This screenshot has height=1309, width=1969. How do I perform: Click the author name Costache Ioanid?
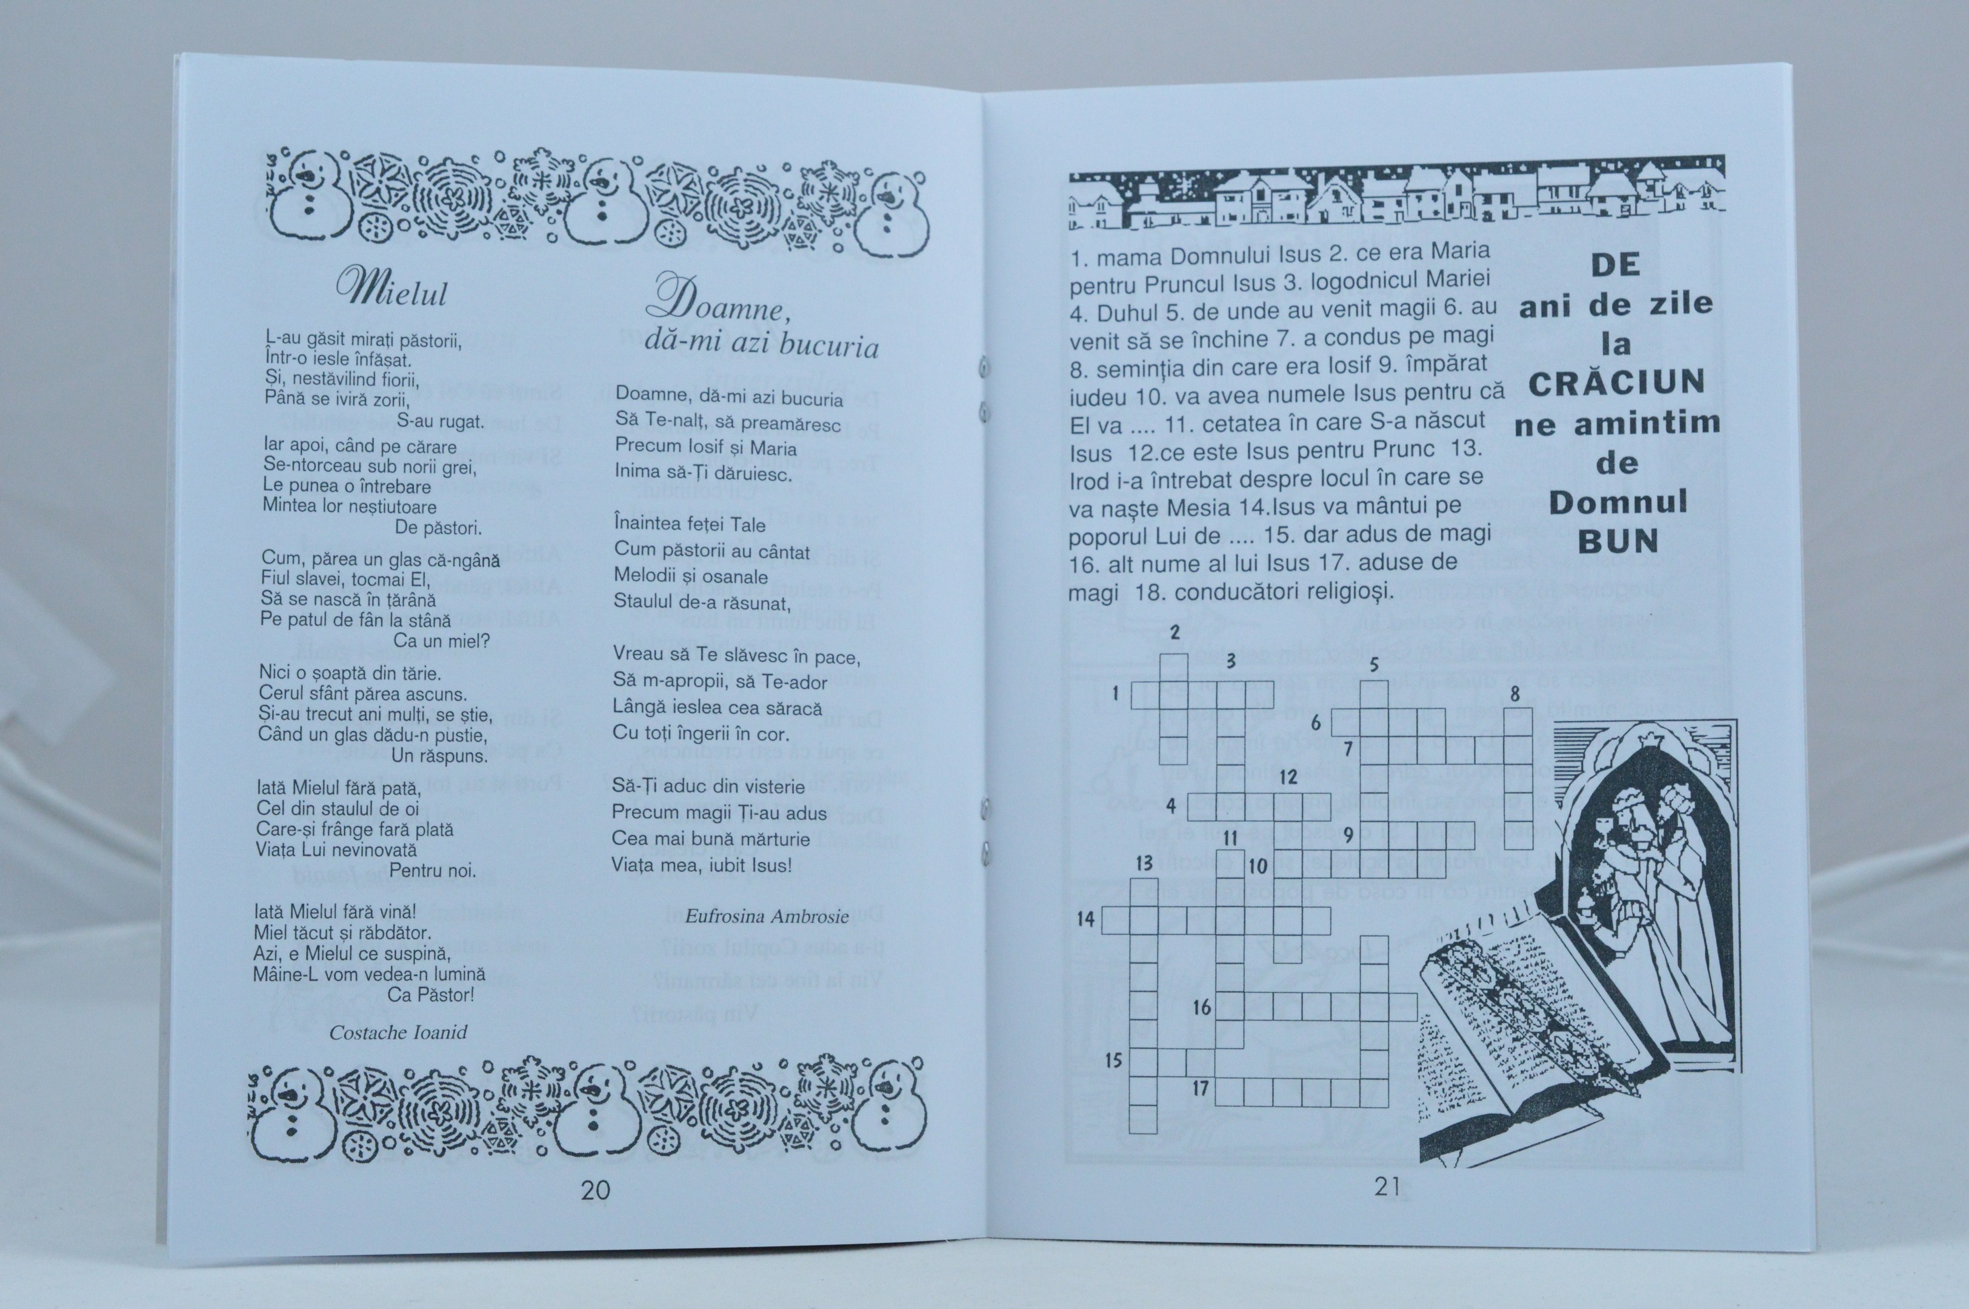[398, 1033]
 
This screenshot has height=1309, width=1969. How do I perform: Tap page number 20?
[595, 1190]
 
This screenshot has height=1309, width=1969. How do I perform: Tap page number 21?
[1387, 1187]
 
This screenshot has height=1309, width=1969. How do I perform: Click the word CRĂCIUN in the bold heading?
[1617, 382]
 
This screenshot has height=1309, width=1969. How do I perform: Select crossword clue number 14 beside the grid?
[1085, 919]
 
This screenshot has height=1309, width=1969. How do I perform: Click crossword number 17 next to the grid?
[1201, 1088]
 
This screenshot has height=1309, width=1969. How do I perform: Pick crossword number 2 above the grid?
[1174, 631]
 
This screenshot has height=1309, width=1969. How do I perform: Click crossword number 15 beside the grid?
[1113, 1060]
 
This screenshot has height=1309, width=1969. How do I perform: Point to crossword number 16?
[1201, 1008]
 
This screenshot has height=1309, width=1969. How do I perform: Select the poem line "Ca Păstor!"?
[431, 995]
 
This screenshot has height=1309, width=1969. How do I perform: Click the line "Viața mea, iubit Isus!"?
[702, 865]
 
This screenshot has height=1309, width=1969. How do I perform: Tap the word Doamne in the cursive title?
[719, 302]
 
